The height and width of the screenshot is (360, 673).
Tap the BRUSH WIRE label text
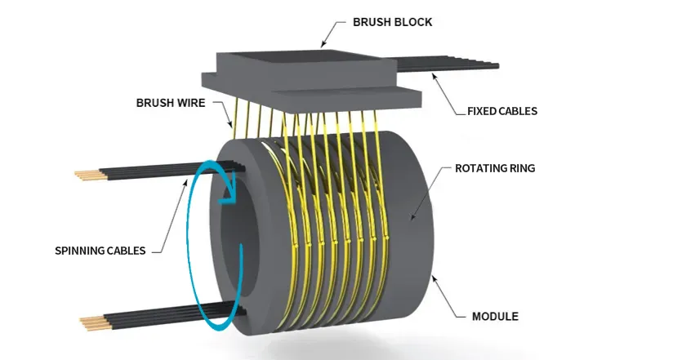point(170,104)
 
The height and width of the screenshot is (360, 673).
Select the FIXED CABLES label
point(502,110)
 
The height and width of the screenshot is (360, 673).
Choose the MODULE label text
point(495,316)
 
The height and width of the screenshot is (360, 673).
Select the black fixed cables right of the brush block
point(457,63)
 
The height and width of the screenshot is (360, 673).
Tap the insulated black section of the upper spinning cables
point(163,169)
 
